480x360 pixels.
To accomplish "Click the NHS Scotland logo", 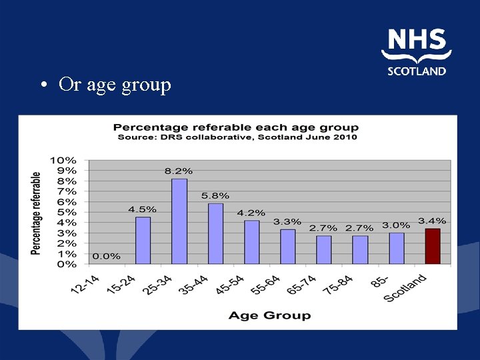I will [417, 53].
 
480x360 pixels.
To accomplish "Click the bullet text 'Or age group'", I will [115, 85].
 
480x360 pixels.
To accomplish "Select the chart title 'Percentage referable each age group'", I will [235, 127].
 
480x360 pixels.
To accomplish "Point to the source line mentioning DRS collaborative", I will [237, 137].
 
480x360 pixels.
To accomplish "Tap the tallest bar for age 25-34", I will [179, 221].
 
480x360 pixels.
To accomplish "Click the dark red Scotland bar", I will [433, 246].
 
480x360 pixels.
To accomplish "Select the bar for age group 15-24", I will [143, 240].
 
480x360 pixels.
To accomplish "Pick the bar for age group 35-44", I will [215, 233].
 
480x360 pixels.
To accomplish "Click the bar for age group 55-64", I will [287, 247].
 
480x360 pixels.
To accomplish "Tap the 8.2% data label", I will [178, 171].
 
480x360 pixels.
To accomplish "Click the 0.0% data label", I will [107, 256].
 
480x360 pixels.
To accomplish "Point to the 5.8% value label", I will [215, 196].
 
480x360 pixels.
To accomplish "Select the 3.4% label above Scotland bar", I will [433, 221].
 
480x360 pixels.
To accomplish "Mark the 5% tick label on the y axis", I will [66, 212].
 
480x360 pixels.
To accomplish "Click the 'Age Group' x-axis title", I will [269, 315].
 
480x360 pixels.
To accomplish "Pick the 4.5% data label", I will [143, 209].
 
